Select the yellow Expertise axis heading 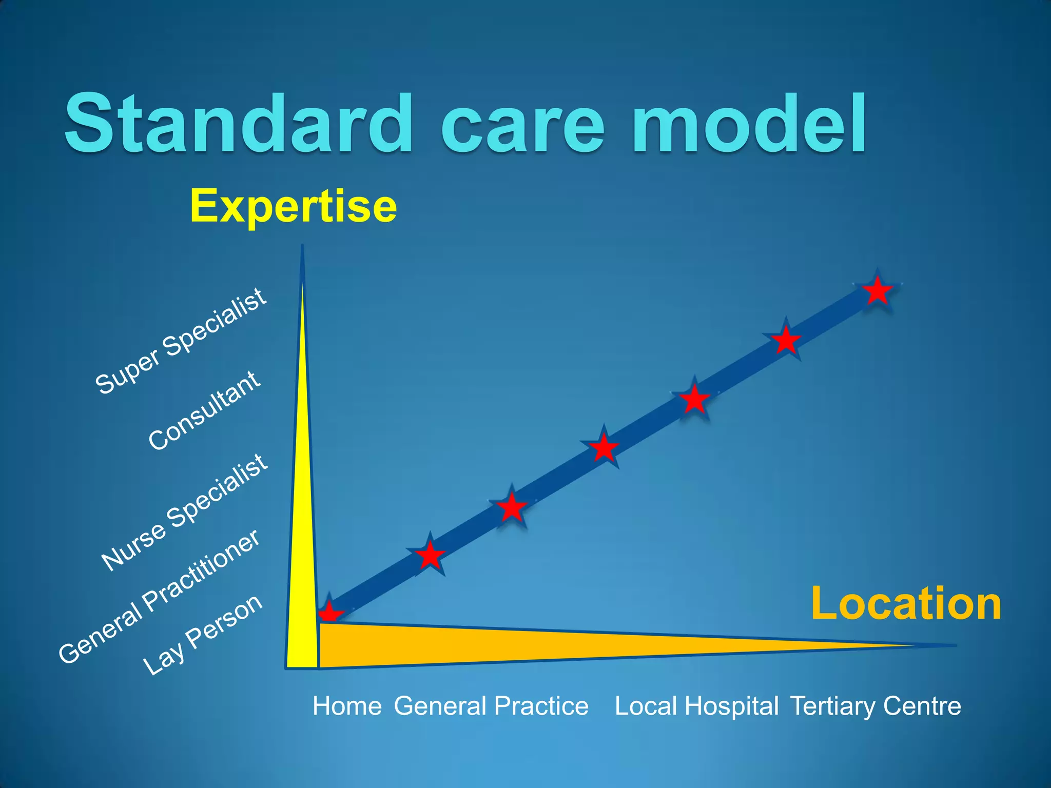pos(293,206)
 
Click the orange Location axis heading pos(906,604)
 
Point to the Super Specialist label pos(181,342)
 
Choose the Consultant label pos(204,410)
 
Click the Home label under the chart pos(347,706)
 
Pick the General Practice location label pos(491,706)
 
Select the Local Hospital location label pos(696,706)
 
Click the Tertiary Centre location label pos(875,706)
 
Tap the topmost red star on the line pos(878,290)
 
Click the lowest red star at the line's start pos(329,613)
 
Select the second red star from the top pos(786,340)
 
